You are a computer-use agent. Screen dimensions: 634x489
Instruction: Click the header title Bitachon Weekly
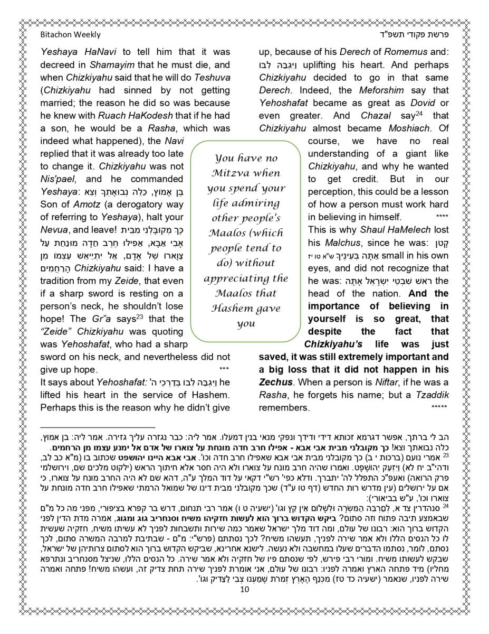[70, 35]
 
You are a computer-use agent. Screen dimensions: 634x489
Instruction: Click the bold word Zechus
[275, 382]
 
